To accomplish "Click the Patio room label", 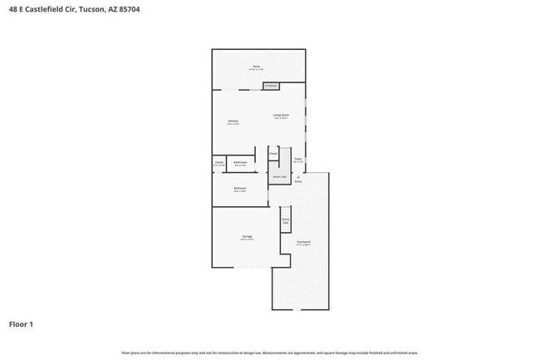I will point(257,67).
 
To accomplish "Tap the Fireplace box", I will point(270,86).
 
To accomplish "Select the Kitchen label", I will point(233,122).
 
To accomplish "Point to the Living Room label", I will point(281,116).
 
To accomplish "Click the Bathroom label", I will point(240,163).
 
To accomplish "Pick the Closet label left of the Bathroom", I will point(218,163).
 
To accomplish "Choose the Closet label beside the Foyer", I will point(272,153).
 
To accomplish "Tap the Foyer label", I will point(297,160).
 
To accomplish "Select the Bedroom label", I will point(239,189).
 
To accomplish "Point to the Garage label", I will point(248,237).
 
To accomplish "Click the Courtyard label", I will point(303,243).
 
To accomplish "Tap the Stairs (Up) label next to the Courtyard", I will point(285,221).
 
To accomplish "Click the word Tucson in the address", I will point(91,8).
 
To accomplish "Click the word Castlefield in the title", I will point(45,8).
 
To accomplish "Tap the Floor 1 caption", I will point(22,323).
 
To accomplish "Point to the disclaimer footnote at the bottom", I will point(269,353).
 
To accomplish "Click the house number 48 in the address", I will point(12,8).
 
